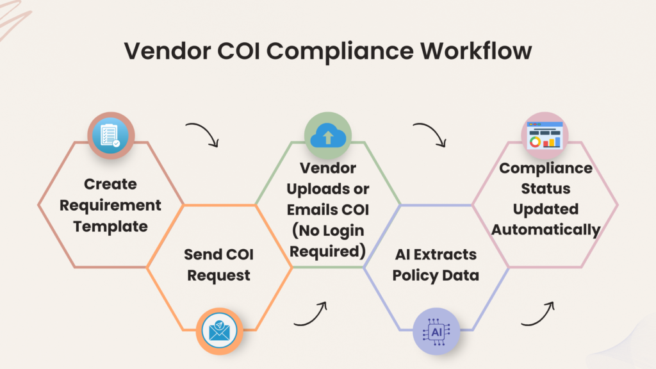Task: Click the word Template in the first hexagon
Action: click(x=110, y=226)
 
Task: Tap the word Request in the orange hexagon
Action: click(x=219, y=276)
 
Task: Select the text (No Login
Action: click(x=327, y=231)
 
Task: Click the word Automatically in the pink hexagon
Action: click(x=546, y=229)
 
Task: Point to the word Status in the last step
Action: click(x=546, y=189)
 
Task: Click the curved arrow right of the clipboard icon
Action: click(x=203, y=133)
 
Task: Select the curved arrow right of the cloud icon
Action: click(x=430, y=133)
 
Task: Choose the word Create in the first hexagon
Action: click(x=110, y=184)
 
